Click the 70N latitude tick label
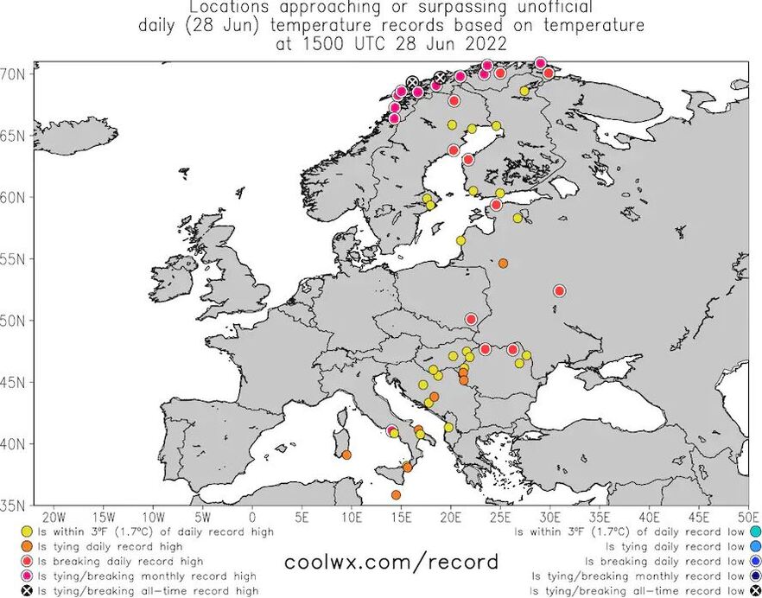(16, 74)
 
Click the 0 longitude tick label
(252, 518)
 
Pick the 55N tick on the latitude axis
(16, 259)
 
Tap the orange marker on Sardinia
(346, 455)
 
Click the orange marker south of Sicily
(396, 495)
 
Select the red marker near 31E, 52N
(559, 291)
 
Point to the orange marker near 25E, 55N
(503, 264)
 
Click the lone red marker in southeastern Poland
(471, 319)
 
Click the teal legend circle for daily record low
(753, 531)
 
